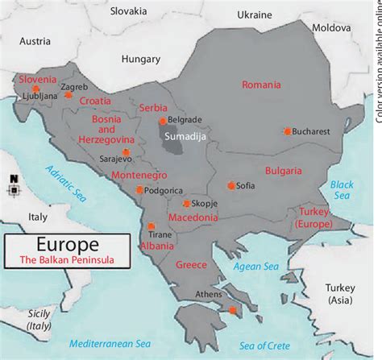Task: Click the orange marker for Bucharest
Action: [x=287, y=131]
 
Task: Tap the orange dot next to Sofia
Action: [x=231, y=185]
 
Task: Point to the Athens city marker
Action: [x=233, y=310]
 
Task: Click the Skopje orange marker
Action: [x=187, y=204]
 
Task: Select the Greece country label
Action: [x=191, y=264]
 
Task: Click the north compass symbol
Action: [x=13, y=187]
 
